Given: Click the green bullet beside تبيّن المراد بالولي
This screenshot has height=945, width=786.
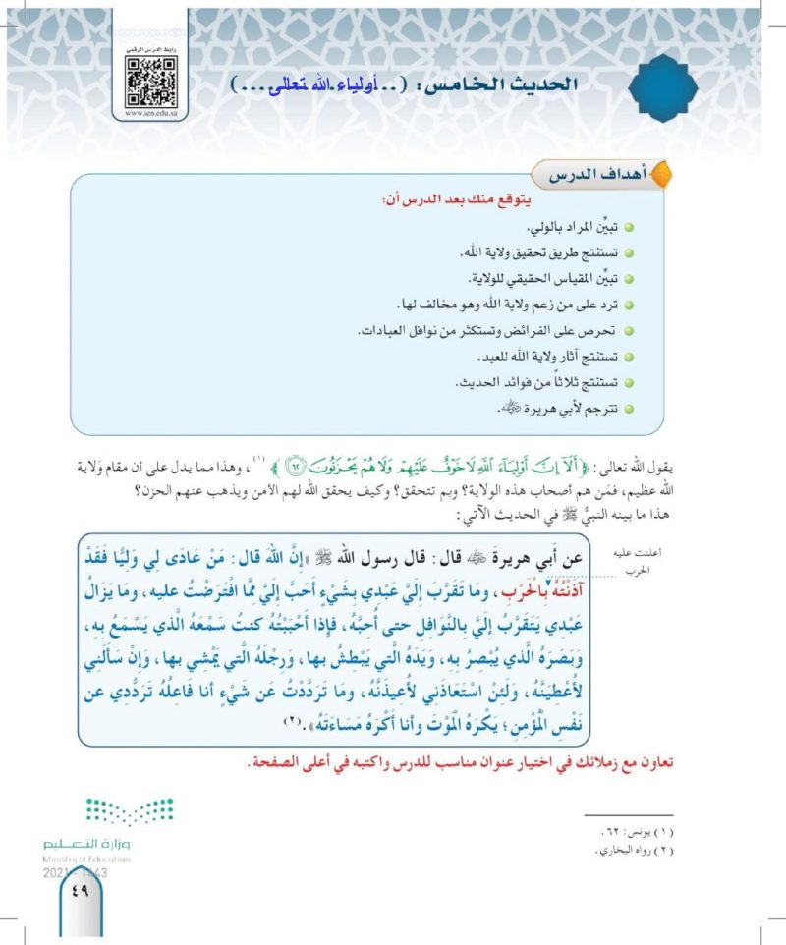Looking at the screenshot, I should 628,228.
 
